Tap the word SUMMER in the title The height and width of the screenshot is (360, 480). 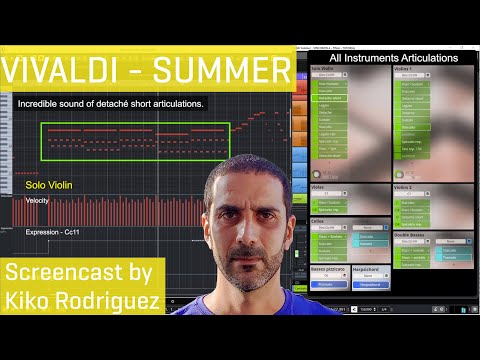(x=225, y=71)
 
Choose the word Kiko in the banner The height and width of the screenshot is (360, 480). (x=30, y=299)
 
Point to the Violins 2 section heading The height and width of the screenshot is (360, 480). (x=404, y=187)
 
